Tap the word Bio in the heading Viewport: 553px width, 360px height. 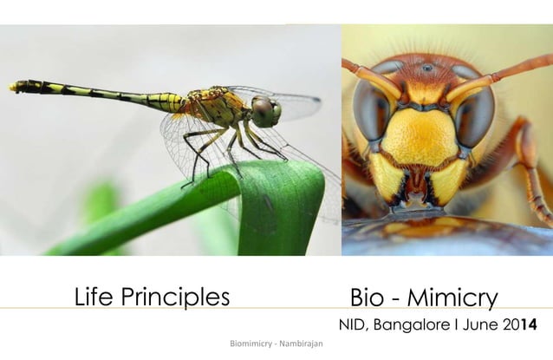pos(368,298)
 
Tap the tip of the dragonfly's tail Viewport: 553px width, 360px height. pos(13,86)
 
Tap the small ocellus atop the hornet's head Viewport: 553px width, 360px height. pos(426,68)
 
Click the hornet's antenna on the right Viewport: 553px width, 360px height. pos(511,69)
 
